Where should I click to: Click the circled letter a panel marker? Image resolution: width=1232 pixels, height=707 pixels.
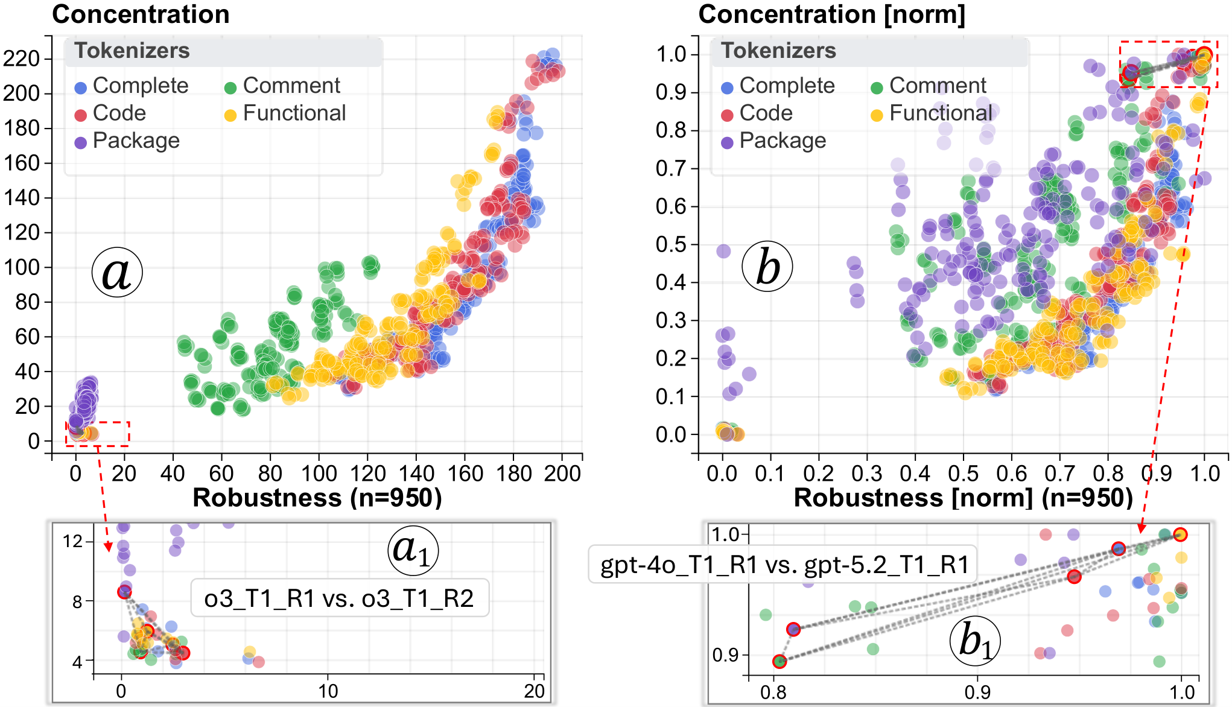(x=117, y=271)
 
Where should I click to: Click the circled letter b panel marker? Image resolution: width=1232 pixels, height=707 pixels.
(x=767, y=266)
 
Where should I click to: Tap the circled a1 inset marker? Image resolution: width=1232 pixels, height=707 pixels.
(x=412, y=550)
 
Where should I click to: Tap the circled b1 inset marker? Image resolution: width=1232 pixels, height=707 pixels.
(x=975, y=640)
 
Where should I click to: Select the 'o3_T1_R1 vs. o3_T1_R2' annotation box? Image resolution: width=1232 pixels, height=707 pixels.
(x=339, y=598)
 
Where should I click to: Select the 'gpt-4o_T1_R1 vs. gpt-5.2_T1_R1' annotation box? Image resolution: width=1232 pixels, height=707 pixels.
(x=783, y=565)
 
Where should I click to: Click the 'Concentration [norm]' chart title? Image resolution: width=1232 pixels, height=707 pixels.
(x=831, y=14)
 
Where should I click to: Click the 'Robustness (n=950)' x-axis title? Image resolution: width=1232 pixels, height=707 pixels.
(x=317, y=498)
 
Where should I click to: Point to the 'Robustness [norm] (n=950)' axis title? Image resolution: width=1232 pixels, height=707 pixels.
(x=964, y=498)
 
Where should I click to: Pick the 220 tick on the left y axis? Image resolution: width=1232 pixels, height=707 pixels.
(x=22, y=59)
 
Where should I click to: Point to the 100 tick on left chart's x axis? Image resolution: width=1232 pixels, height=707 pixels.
(x=319, y=473)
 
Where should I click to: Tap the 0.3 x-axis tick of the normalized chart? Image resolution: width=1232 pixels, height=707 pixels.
(x=866, y=473)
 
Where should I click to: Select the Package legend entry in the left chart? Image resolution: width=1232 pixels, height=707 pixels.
(x=127, y=141)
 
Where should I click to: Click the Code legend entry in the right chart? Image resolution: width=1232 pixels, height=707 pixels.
(x=757, y=113)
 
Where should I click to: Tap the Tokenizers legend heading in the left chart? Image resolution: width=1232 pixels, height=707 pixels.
(x=132, y=51)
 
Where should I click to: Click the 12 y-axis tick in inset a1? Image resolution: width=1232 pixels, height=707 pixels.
(x=73, y=541)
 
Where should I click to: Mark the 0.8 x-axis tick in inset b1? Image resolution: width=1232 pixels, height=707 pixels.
(x=773, y=692)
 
